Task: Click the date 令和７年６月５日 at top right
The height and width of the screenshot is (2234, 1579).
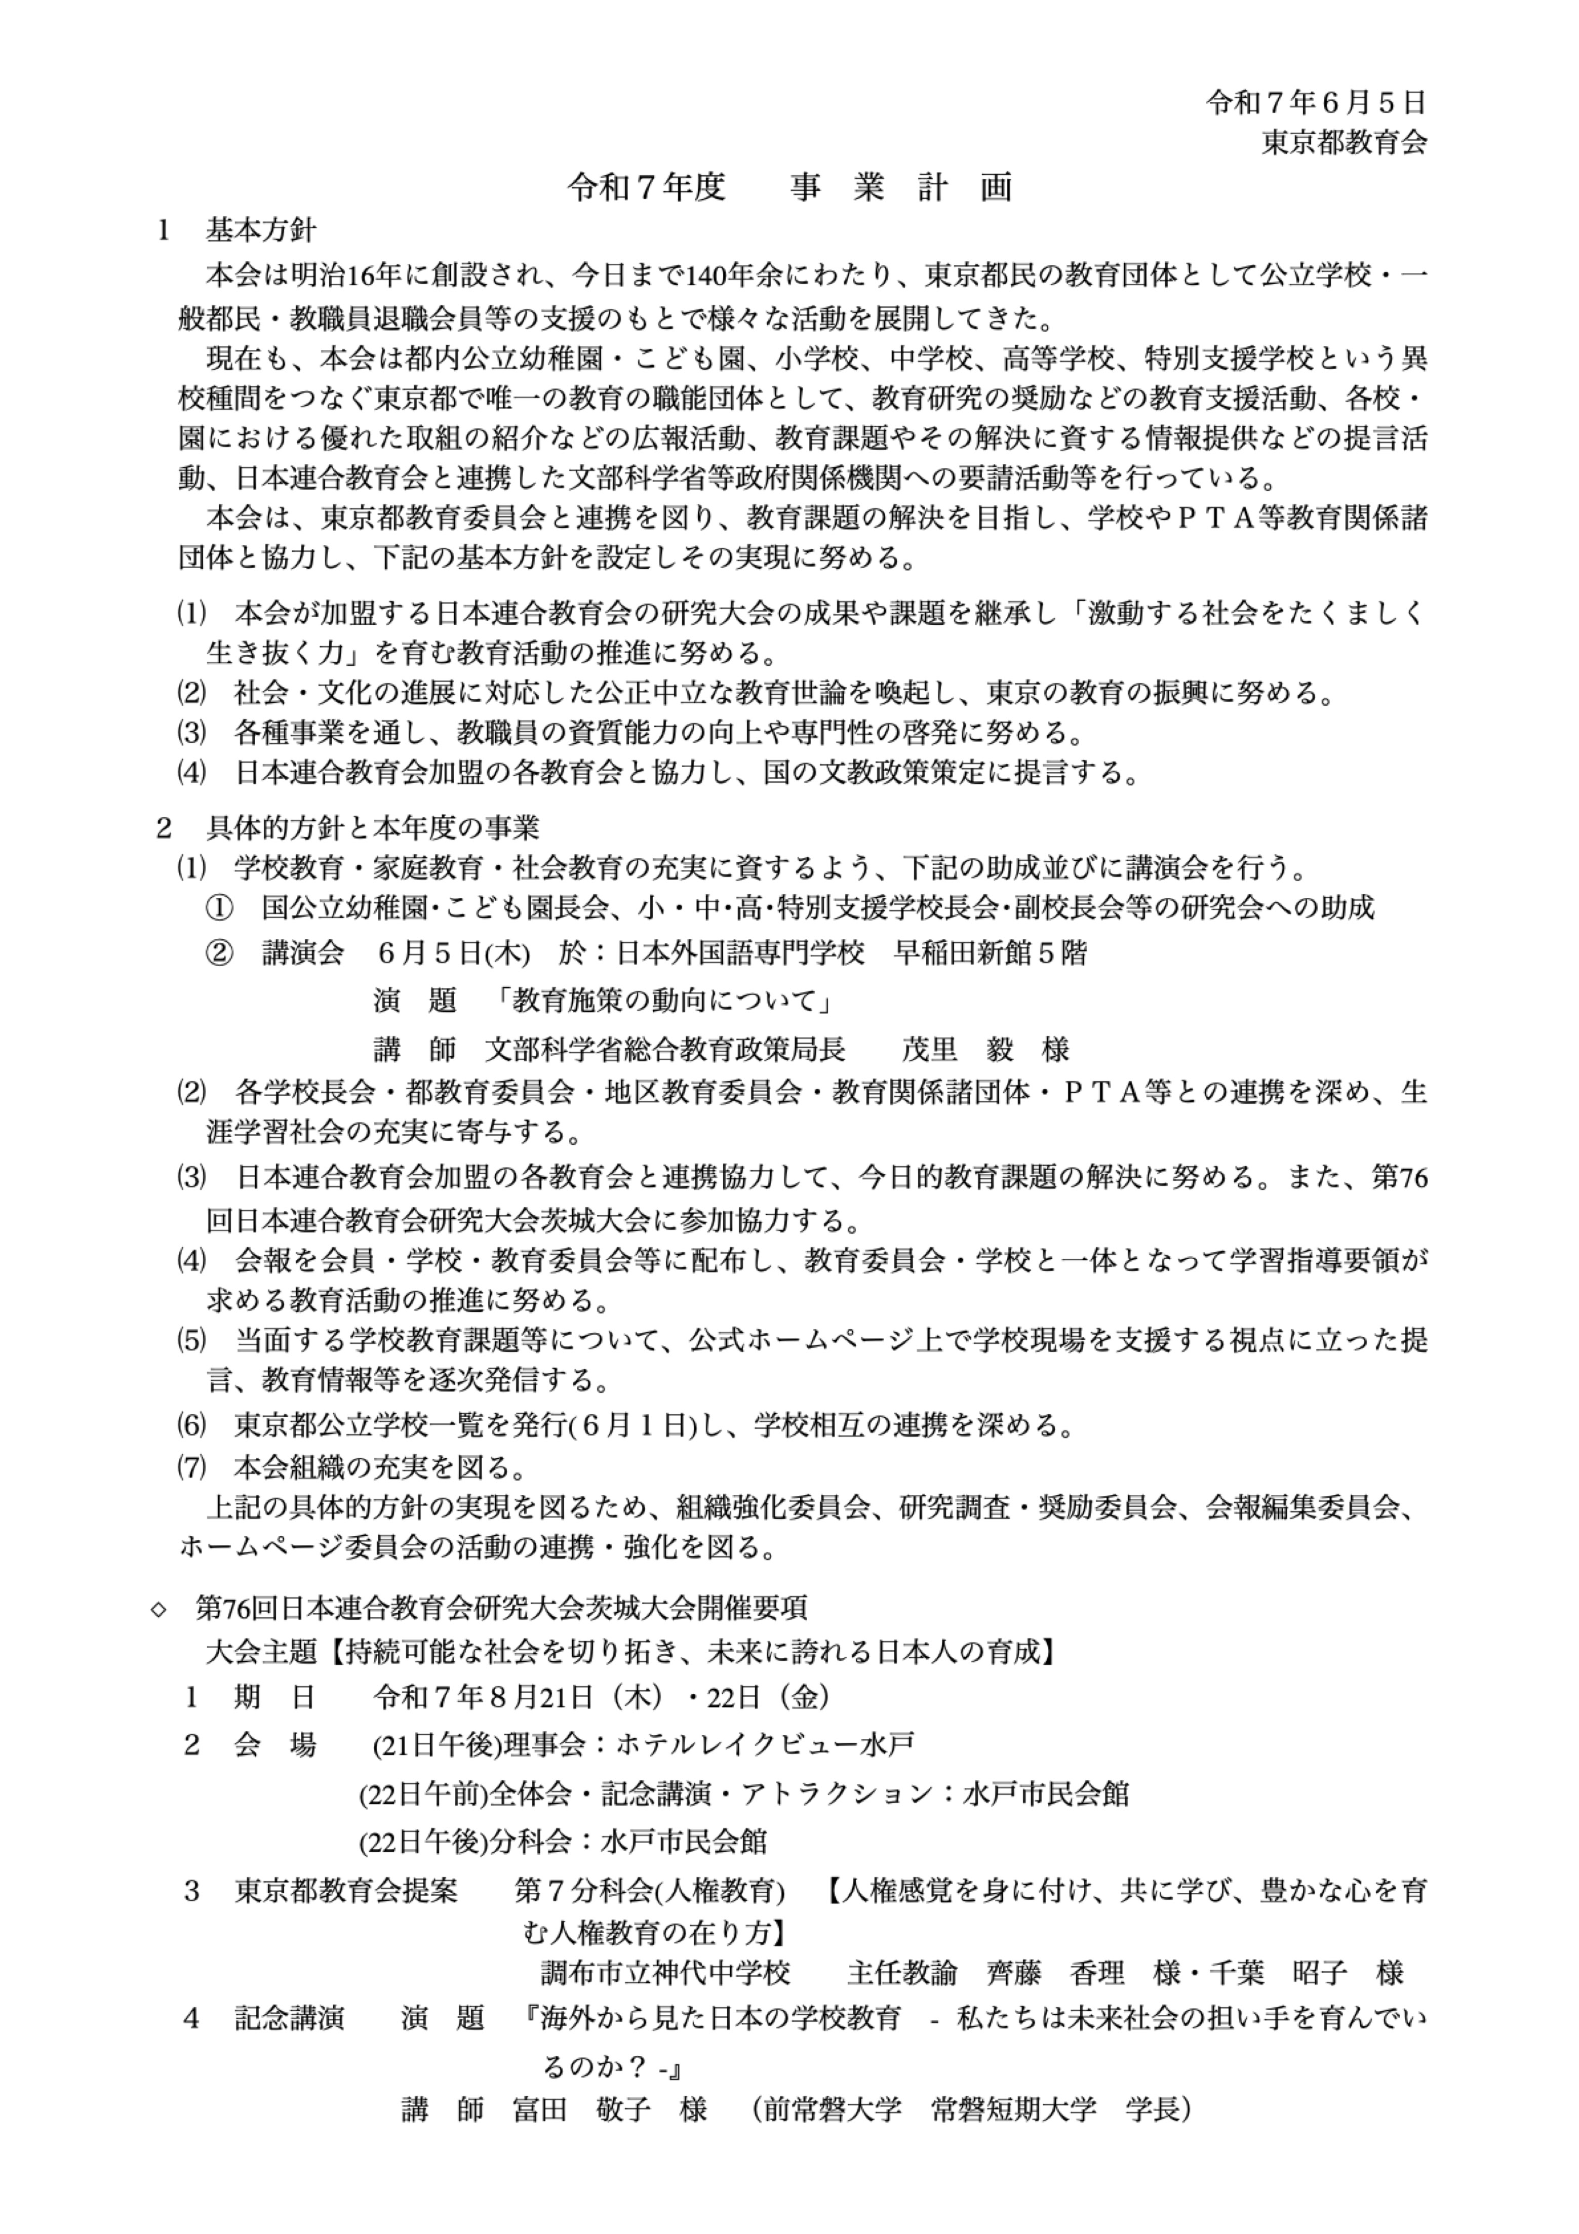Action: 1315,101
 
